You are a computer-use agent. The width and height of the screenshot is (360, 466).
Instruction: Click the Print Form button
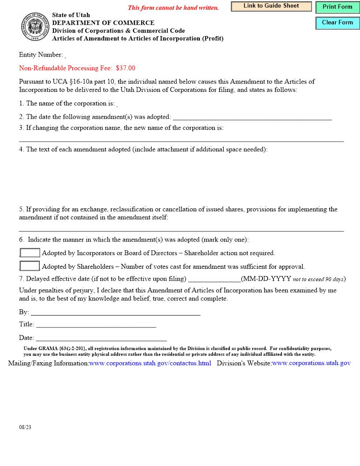[337, 7]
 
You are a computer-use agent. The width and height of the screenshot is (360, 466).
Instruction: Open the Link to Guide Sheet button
[271, 6]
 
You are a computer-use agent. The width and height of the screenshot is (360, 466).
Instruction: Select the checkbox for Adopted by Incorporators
[30, 253]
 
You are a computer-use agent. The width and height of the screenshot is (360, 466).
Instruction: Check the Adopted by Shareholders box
[30, 266]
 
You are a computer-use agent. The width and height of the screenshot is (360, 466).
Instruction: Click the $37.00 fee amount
[126, 68]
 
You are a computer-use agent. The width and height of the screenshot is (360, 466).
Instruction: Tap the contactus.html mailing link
[150, 363]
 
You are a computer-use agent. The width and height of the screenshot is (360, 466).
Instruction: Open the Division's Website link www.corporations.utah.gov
[311, 363]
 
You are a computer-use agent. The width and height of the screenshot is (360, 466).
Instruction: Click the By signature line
[115, 312]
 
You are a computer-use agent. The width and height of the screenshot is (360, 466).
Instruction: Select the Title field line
[96, 324]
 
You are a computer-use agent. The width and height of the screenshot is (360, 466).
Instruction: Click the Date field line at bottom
[101, 338]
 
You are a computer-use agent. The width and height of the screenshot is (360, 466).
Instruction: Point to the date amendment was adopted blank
[252, 117]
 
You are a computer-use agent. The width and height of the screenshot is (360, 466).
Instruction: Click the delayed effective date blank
[214, 279]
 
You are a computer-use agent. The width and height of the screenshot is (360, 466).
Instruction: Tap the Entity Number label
[41, 55]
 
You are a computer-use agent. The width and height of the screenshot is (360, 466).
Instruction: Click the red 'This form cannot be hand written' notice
[173, 8]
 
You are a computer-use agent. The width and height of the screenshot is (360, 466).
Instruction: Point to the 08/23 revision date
[25, 428]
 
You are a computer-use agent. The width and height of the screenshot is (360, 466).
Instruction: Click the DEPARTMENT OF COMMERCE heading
[103, 23]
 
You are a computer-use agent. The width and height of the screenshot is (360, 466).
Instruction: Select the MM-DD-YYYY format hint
[266, 279]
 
